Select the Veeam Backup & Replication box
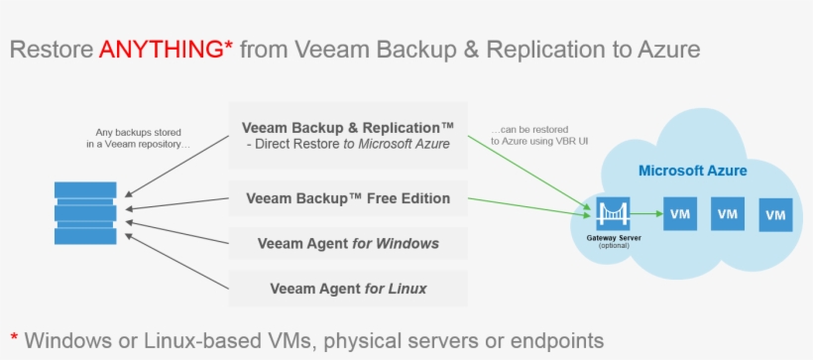348,135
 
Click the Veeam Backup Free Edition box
348,198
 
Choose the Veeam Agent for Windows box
348,243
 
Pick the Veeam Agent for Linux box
348,289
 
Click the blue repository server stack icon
86,211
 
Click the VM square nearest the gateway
680,212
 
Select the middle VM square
729,212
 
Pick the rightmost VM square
776,213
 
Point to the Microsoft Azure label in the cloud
692,171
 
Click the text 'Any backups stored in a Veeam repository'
138,138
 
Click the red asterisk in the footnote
14,337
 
